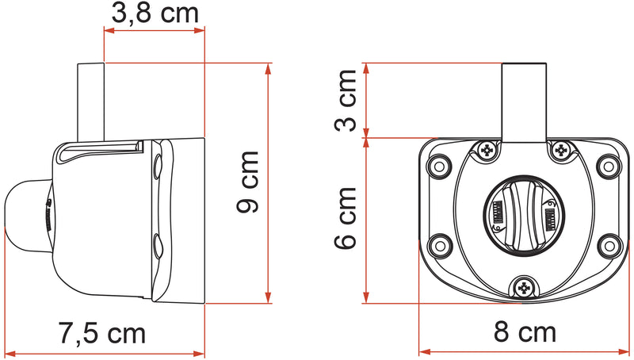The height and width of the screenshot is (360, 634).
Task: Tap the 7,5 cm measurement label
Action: (102, 333)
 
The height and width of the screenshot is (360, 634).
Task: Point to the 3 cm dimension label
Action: (346, 101)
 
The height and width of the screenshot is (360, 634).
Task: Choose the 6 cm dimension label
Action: (346, 220)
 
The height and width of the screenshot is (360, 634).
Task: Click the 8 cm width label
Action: (524, 331)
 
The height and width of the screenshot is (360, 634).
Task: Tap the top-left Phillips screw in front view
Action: (487, 149)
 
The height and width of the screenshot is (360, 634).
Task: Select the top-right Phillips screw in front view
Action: (561, 149)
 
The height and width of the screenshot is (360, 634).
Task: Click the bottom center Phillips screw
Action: (524, 288)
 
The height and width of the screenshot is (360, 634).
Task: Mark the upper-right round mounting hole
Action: (609, 167)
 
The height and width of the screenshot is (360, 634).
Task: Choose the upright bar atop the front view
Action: (524, 101)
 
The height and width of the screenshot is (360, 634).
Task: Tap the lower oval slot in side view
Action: (157, 248)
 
